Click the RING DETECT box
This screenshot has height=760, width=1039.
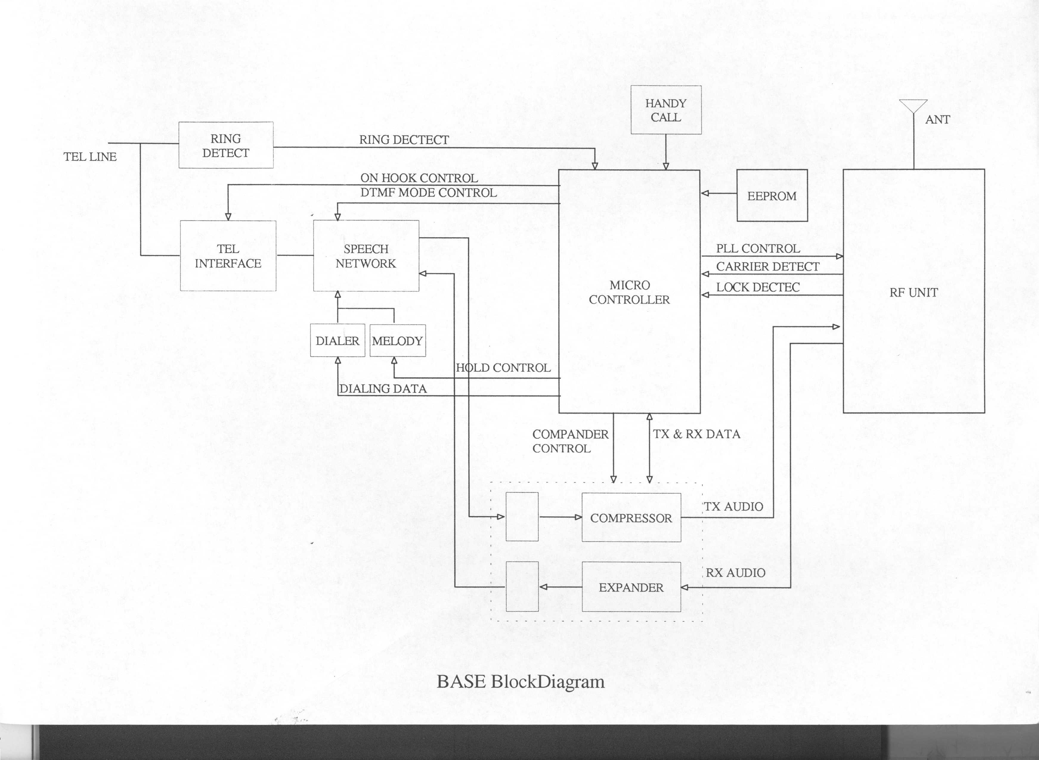[225, 145]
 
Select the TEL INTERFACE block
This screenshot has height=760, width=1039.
[228, 256]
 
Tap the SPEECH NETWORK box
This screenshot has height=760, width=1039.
[366, 256]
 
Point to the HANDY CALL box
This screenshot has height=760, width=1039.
[665, 110]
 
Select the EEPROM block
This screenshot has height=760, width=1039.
[772, 196]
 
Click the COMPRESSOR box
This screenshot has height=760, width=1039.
[631, 518]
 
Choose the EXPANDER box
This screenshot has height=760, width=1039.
[631, 587]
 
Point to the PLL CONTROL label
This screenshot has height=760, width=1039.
[757, 249]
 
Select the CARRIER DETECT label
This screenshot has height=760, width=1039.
[767, 266]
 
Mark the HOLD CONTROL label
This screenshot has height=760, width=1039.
[503, 367]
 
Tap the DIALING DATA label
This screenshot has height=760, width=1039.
[383, 389]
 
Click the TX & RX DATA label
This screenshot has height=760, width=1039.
[696, 434]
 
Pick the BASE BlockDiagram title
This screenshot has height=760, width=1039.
[521, 681]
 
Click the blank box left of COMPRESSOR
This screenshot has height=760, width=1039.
[522, 517]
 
